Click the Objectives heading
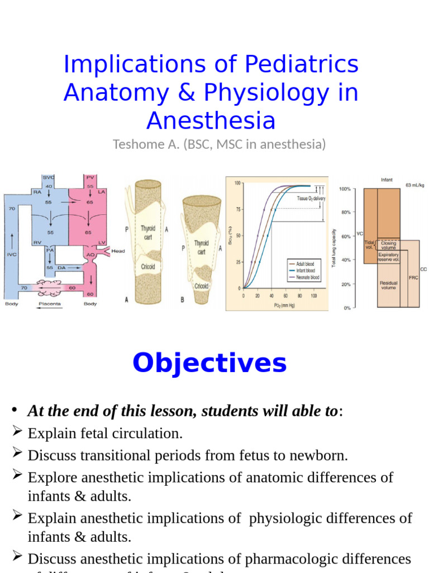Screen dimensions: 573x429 [209, 363]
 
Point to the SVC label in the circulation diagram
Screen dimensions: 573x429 [49, 177]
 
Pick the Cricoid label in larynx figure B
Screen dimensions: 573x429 [202, 286]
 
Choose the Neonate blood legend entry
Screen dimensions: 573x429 [307, 278]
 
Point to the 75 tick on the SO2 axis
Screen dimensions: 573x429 [237, 209]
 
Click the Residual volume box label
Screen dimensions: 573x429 [388, 285]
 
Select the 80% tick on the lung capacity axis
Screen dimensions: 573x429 [345, 213]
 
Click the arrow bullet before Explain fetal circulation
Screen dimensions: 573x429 [17, 431]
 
